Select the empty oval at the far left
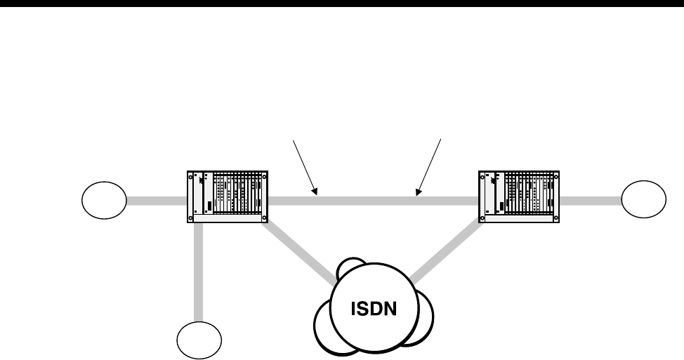[x=104, y=200]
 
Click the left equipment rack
[x=228, y=193]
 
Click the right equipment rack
[x=520, y=193]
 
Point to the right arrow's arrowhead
[x=419, y=191]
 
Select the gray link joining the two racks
[x=372, y=201]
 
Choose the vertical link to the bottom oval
[x=199, y=274]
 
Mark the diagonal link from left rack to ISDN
[x=298, y=249]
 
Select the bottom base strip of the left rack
[x=228, y=219]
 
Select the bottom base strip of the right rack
[x=520, y=218]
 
